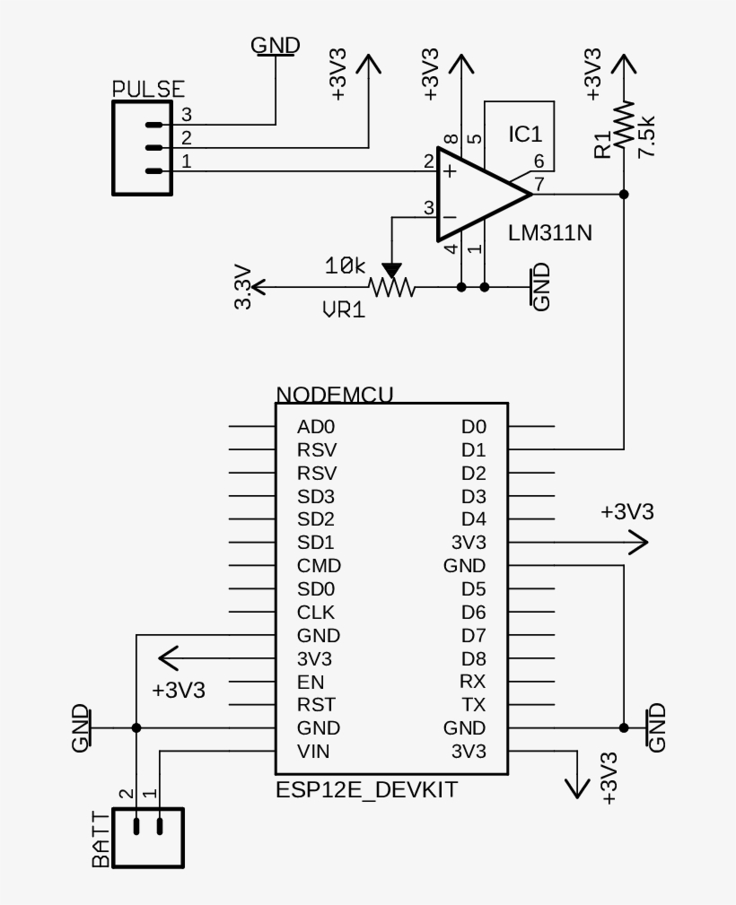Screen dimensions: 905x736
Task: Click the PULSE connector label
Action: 148,89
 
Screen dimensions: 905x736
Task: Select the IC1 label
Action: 525,135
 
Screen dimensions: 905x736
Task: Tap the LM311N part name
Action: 550,232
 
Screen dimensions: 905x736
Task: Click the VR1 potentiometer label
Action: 344,310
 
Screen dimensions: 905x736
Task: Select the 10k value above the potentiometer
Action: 346,266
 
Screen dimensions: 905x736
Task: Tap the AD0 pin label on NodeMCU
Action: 316,427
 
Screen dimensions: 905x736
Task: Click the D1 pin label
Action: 473,449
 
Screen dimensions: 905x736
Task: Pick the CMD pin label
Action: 319,566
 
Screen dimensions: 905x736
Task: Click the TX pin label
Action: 473,704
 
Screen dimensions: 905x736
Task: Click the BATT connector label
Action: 101,839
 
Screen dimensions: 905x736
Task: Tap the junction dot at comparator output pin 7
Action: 624,194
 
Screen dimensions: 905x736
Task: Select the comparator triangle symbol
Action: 476,194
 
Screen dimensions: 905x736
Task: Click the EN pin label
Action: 311,682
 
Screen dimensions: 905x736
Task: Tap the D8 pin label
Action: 473,658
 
